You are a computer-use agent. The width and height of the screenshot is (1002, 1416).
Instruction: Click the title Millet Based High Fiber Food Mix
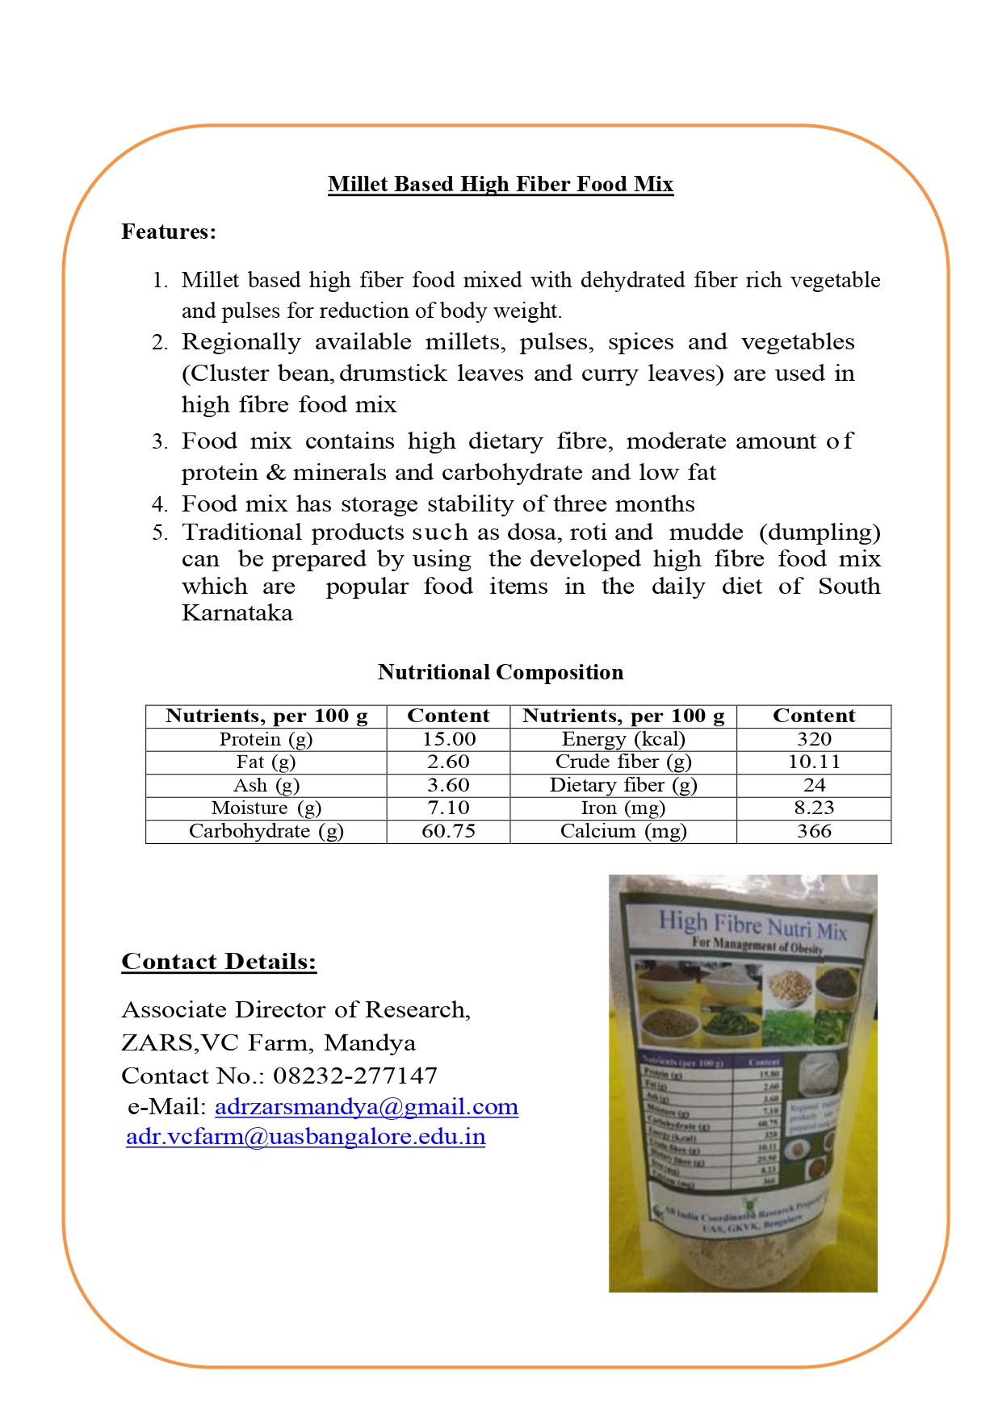click(x=500, y=185)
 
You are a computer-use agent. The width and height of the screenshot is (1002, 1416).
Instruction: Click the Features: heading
click(x=169, y=232)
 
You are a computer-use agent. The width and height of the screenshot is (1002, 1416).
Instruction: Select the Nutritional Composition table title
click(x=500, y=672)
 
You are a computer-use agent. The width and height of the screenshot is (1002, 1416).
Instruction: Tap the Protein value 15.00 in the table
click(x=448, y=739)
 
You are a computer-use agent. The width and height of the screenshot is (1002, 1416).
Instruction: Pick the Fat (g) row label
click(x=266, y=762)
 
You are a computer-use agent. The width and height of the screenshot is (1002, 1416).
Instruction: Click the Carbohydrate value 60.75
click(x=448, y=831)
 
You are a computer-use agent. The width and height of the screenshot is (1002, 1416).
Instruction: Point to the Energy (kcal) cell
click(x=623, y=739)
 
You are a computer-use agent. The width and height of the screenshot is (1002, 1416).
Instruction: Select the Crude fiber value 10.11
click(x=813, y=762)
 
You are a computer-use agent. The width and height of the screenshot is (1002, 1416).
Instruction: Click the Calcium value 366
click(x=813, y=831)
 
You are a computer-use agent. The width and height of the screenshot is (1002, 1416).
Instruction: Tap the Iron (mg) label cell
click(x=623, y=808)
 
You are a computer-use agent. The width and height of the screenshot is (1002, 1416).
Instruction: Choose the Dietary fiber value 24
click(x=813, y=785)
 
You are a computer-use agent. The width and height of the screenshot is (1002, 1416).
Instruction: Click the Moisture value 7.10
click(x=448, y=808)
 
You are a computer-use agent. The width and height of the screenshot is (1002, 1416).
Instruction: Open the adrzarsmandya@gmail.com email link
click(x=367, y=1107)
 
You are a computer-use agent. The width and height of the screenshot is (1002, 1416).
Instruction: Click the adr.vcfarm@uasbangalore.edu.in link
click(x=305, y=1137)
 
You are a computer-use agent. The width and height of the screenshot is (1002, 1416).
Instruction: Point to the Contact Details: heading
click(x=219, y=962)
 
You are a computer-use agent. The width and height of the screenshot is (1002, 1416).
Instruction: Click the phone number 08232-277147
click(x=355, y=1076)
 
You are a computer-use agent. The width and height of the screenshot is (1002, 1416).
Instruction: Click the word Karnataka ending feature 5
click(x=237, y=613)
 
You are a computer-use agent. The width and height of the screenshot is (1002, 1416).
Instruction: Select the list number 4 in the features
click(x=159, y=505)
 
